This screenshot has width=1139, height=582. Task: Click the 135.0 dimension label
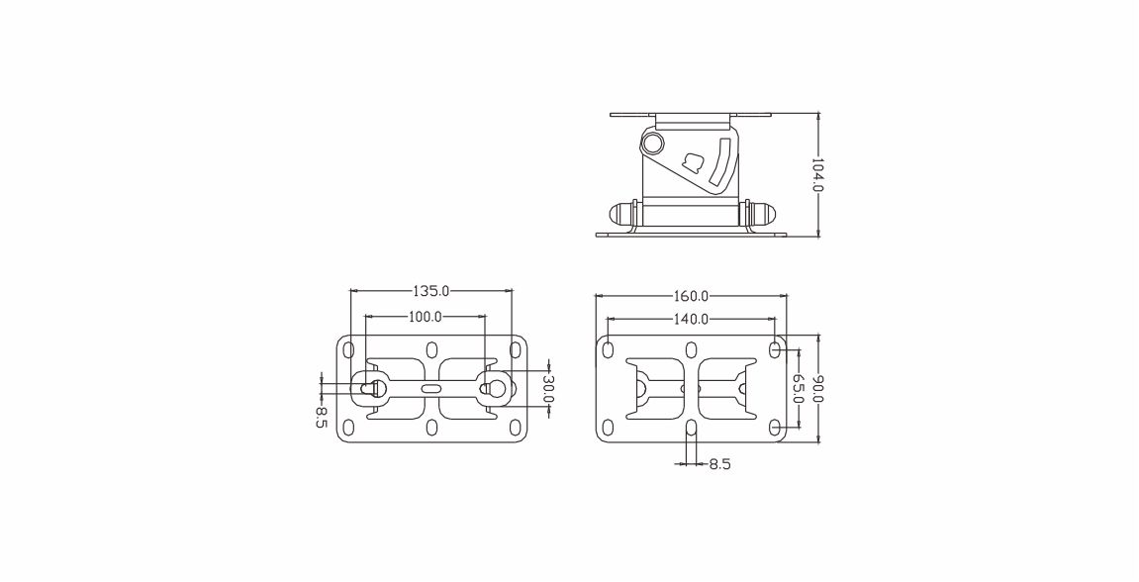pos(431,291)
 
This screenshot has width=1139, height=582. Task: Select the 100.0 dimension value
pos(425,317)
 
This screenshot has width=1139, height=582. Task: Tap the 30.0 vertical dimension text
pos(547,389)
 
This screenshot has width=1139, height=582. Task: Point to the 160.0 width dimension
pos(691,296)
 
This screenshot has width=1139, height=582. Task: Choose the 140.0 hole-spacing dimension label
pos(691,319)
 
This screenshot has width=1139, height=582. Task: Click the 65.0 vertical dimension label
pos(797,389)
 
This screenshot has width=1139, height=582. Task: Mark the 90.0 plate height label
pos(818,389)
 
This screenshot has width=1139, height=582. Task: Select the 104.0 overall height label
pos(817,174)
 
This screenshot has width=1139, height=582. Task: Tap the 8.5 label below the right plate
pos(719,463)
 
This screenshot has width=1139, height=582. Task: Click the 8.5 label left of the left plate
pos(321,417)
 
